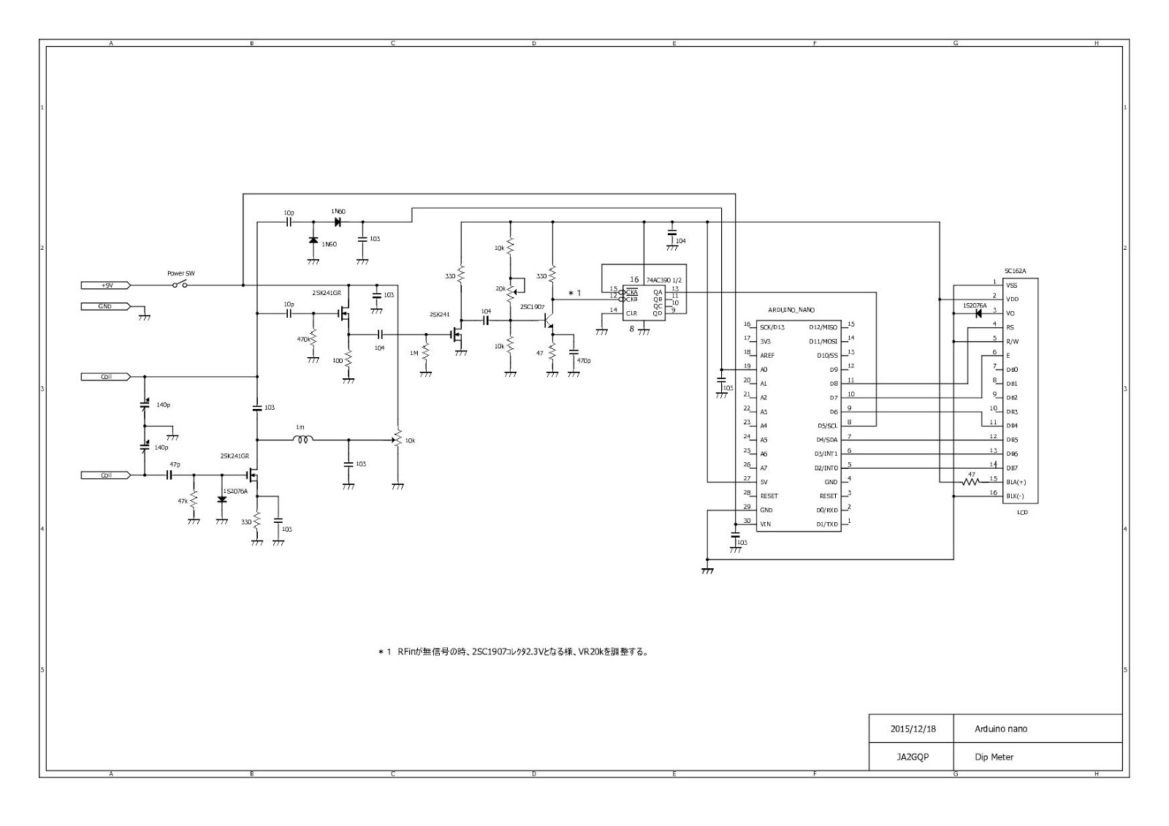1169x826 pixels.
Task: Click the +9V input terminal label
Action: (105, 285)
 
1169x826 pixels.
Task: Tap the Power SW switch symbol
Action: (180, 284)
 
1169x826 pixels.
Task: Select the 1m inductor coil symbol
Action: (303, 440)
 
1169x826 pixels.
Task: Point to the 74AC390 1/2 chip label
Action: (663, 280)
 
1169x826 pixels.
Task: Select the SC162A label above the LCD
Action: (1015, 271)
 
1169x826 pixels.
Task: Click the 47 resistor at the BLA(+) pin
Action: (971, 482)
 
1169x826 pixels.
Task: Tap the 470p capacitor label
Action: (583, 361)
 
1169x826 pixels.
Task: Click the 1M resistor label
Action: (414, 353)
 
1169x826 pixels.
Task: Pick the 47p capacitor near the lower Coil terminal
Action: (170, 475)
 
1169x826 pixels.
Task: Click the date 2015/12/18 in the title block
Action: (913, 729)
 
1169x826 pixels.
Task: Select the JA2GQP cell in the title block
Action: (913, 757)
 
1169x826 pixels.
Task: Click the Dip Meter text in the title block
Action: (994, 757)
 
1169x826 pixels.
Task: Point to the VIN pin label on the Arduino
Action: (765, 524)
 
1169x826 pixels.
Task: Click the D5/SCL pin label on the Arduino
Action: (827, 426)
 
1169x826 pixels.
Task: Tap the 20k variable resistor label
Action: (500, 289)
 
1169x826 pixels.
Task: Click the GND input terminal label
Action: (105, 306)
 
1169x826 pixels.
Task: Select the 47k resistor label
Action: (183, 501)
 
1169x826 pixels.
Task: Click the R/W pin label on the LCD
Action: (1012, 341)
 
